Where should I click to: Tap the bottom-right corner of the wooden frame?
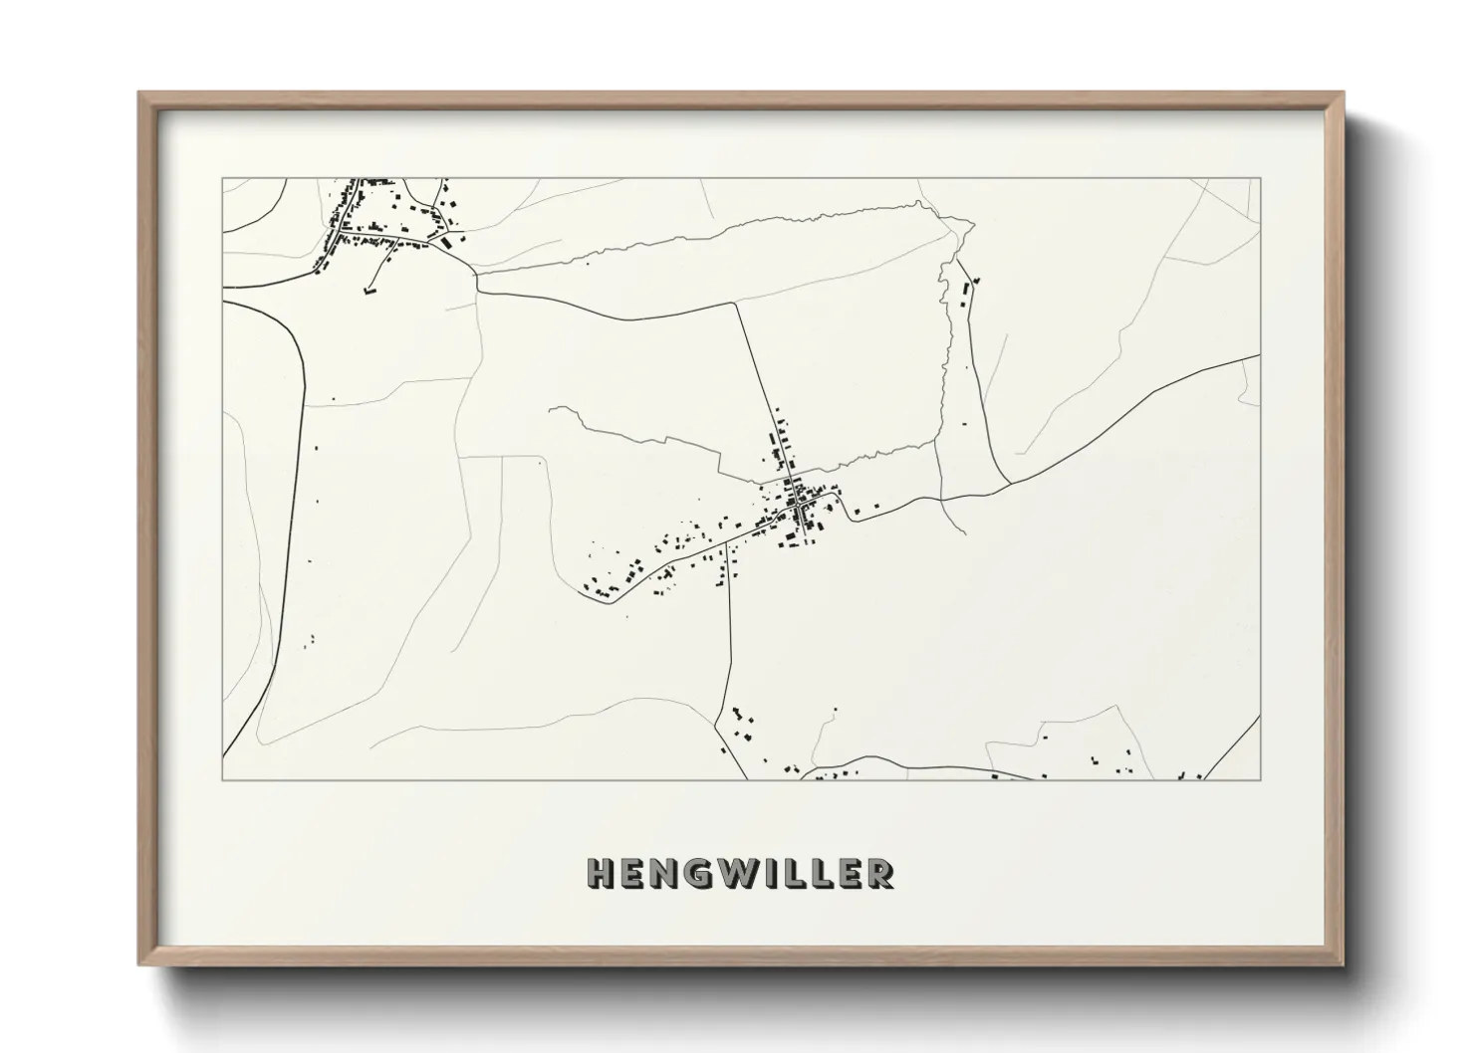click(1343, 963)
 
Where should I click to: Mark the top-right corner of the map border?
click(1260, 178)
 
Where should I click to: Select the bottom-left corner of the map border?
click(222, 779)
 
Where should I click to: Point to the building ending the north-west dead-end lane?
click(368, 291)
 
